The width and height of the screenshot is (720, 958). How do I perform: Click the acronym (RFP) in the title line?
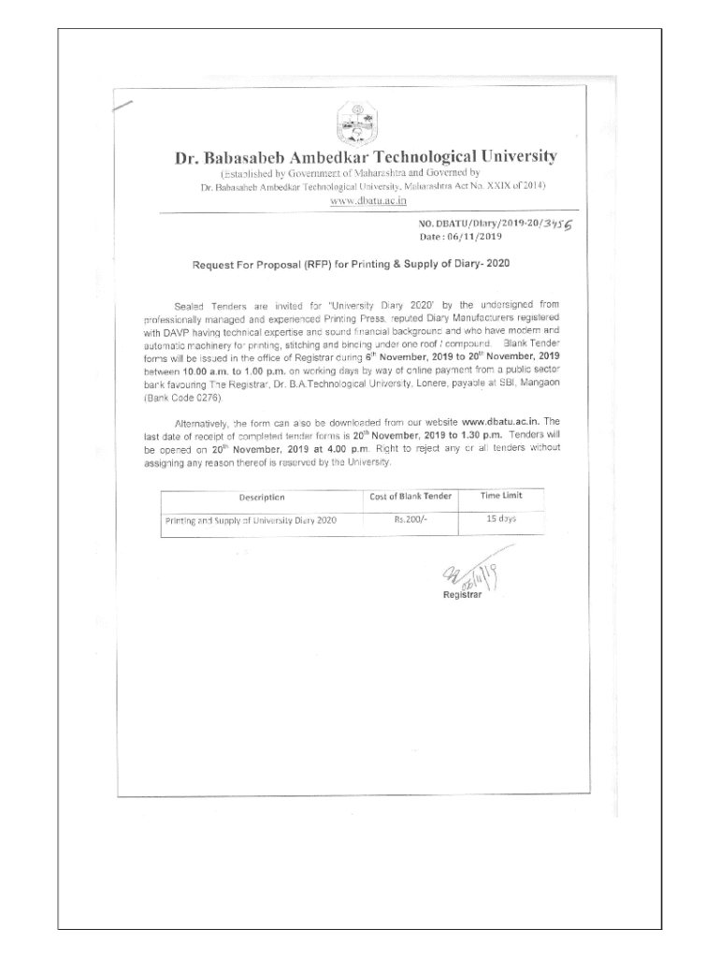[322, 265]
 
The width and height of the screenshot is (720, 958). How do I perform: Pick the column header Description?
[262, 497]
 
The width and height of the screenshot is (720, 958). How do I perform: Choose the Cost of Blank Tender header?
[410, 496]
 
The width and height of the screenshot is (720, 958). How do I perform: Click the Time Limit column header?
[501, 495]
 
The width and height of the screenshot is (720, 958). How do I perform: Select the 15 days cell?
[501, 517]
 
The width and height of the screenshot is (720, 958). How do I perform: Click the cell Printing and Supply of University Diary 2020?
[251, 519]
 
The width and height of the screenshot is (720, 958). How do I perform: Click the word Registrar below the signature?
[462, 596]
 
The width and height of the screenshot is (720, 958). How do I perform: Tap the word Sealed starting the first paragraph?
[191, 305]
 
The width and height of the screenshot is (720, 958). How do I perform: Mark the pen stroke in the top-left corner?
[122, 106]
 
